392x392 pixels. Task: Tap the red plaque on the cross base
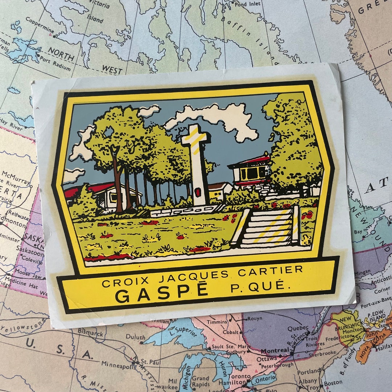tap(198, 192)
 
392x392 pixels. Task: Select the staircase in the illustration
tap(268, 229)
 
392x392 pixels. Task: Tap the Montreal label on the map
tap(275, 351)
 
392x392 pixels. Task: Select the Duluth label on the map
tap(135, 336)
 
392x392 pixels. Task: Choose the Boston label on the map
tap(333, 383)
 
